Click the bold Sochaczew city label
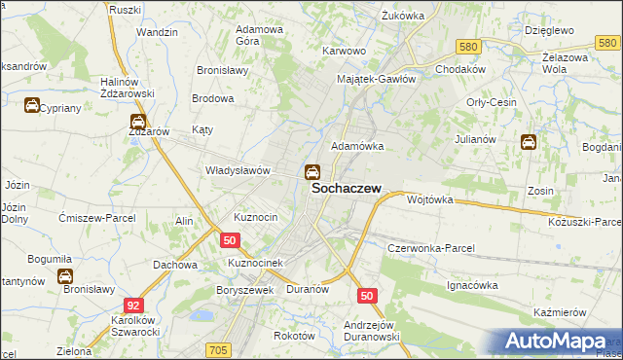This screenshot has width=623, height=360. click(x=346, y=191)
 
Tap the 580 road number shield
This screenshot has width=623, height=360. click(x=468, y=47)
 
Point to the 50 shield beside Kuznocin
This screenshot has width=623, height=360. click(x=230, y=239)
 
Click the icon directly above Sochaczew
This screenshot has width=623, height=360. click(x=311, y=173)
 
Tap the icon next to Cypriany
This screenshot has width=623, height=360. click(x=32, y=106)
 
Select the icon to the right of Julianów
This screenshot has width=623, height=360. click(x=529, y=142)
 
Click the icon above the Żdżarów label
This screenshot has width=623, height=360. click(x=138, y=123)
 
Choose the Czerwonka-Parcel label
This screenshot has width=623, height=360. click(x=430, y=248)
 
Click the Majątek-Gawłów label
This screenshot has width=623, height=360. click(x=377, y=79)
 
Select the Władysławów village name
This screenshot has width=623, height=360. click(x=237, y=169)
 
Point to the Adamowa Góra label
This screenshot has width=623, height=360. click(x=260, y=36)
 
